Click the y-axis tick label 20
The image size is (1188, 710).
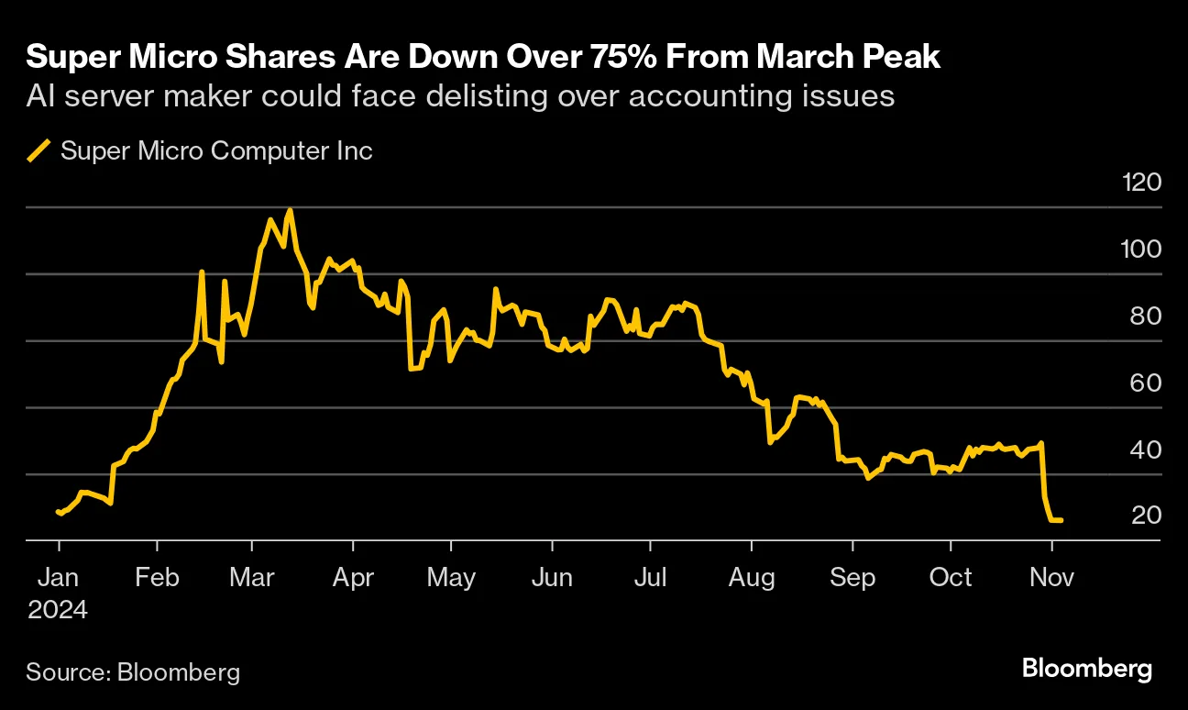pos(1146,516)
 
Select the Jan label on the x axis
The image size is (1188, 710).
pos(59,577)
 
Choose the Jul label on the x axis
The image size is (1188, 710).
pos(649,577)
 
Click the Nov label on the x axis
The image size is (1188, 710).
pos(1051,577)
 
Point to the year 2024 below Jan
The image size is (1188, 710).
pos(59,609)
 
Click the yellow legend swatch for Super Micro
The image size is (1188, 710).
pos(39,150)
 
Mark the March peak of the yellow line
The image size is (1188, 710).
pos(290,210)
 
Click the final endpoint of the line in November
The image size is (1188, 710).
pos(1061,520)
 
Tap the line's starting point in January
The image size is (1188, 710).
pos(58,511)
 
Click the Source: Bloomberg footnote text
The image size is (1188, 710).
pos(133,671)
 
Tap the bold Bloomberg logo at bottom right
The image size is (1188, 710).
pos(1087,669)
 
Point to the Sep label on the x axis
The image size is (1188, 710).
pos(852,577)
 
